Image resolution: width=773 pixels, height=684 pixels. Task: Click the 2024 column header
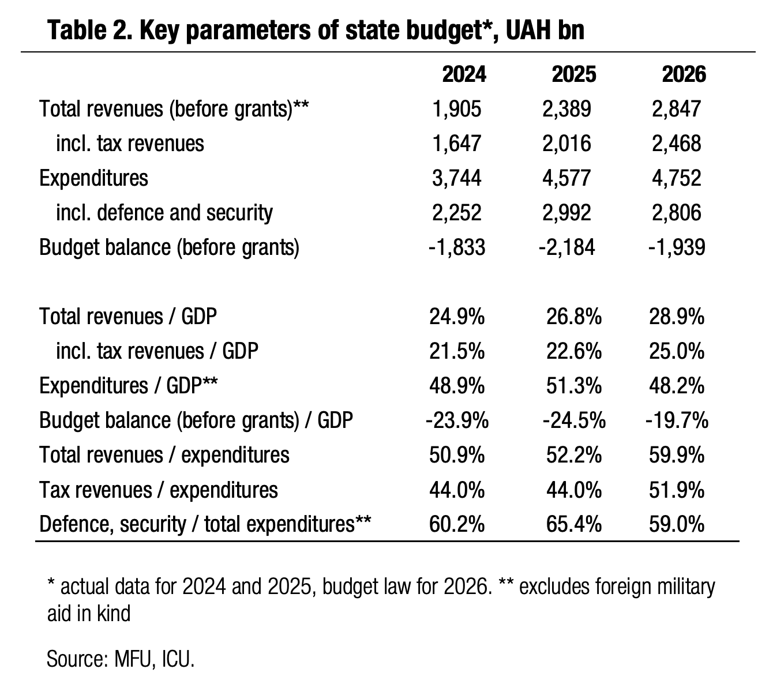click(x=464, y=74)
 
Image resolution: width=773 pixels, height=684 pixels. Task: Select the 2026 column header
click(x=684, y=74)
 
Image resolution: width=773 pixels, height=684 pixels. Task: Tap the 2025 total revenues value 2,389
click(x=566, y=108)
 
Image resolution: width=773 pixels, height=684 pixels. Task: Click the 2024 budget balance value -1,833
click(x=456, y=247)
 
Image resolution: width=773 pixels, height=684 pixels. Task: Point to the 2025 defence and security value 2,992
click(x=566, y=212)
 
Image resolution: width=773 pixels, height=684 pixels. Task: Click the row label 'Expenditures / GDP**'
click(x=128, y=386)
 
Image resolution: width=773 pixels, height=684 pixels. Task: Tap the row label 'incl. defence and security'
click(x=164, y=212)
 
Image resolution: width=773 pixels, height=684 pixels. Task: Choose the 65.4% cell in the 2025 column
click(x=573, y=524)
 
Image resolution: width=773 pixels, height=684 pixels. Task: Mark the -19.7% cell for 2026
click(x=677, y=420)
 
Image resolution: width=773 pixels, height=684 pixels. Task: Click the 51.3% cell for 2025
click(x=573, y=386)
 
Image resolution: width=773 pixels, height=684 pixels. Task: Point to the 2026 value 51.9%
click(x=677, y=490)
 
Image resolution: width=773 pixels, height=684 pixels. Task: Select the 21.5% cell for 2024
click(x=456, y=351)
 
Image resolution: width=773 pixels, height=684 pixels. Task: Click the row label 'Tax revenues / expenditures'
click(x=158, y=490)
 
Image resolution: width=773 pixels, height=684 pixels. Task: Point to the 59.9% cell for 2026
click(x=677, y=455)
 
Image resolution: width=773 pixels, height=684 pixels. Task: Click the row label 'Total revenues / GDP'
click(x=128, y=317)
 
